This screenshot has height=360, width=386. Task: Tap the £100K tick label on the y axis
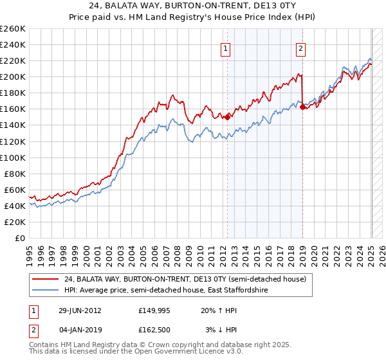coord(12,157)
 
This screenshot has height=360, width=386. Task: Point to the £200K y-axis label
coord(12,76)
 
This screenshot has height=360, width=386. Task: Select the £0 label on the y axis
coord(19,238)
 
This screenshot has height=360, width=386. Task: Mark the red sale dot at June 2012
coord(227,117)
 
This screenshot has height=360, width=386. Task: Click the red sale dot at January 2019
coord(302,107)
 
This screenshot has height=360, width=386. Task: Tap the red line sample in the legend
coord(45,279)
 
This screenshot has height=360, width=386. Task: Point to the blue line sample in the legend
coord(45,291)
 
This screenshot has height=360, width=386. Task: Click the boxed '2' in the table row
coord(33,330)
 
